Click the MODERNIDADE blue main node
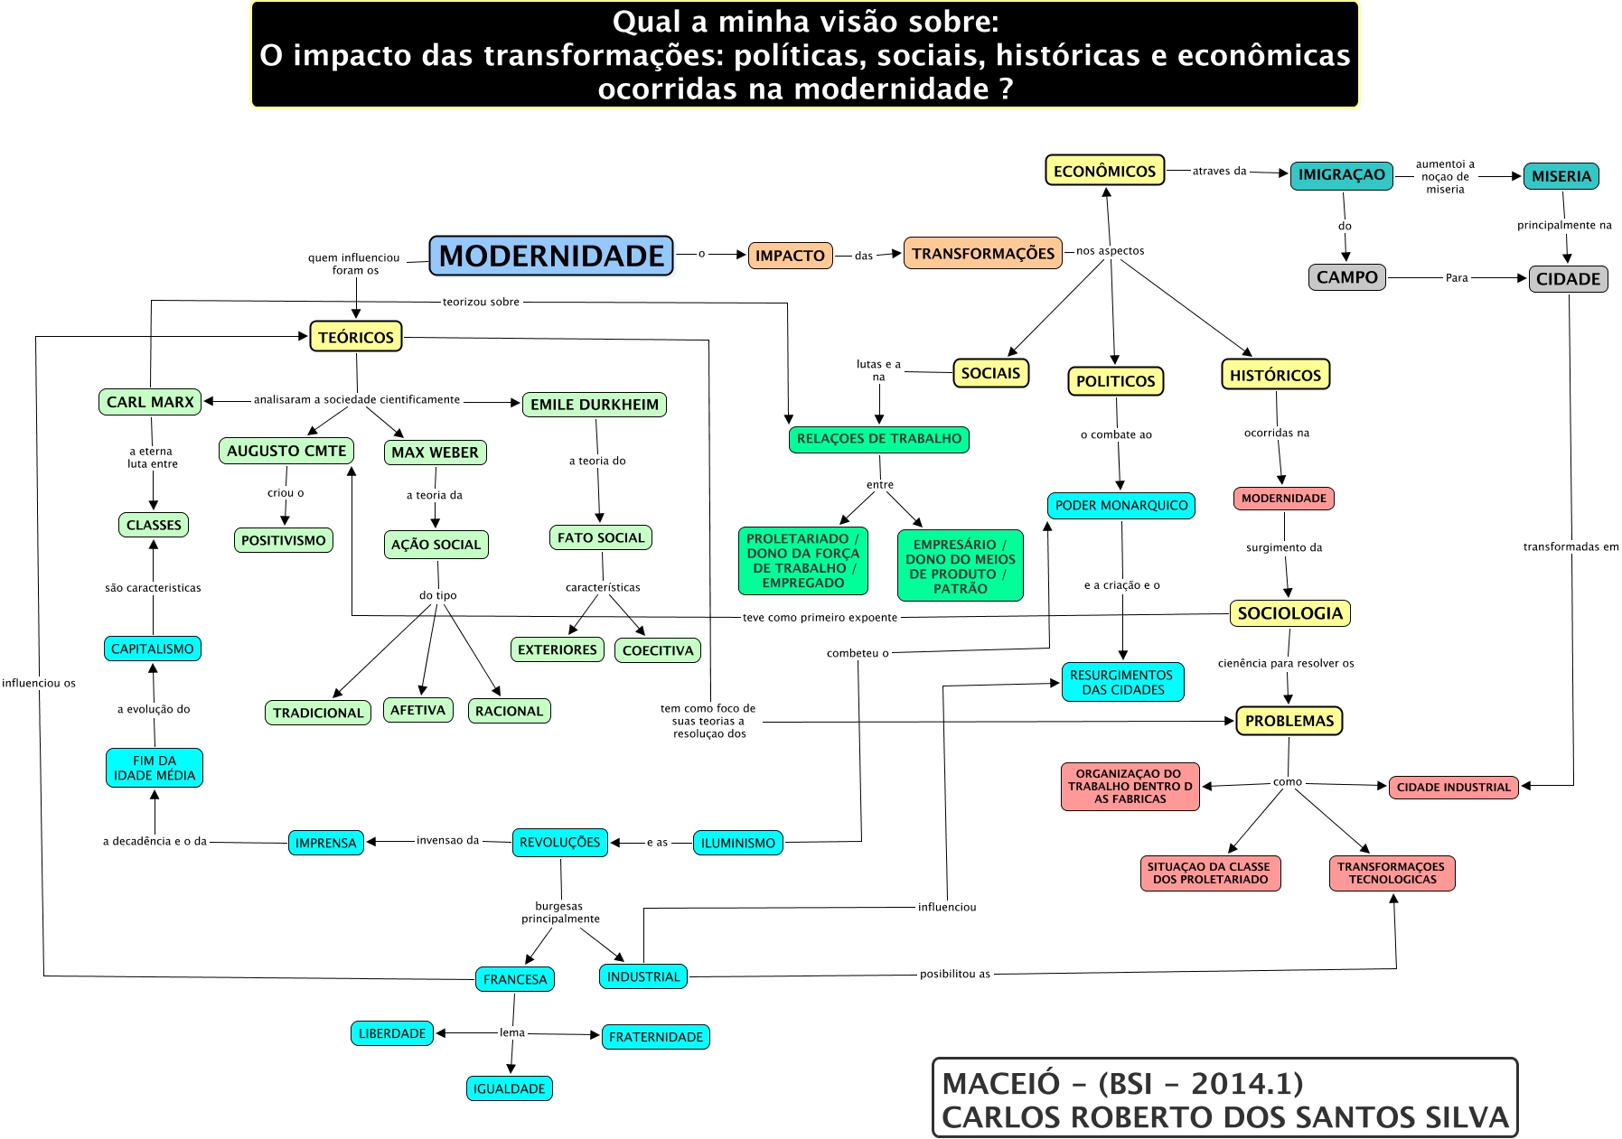[x=551, y=256]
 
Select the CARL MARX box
[x=150, y=402]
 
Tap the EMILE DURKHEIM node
[x=594, y=405]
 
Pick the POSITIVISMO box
[x=283, y=540]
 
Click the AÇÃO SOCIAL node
[x=436, y=545]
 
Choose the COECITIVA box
[x=658, y=650]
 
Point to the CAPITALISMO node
[x=152, y=649]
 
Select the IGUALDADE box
[x=509, y=1088]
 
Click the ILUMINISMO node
[x=737, y=843]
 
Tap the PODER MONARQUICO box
[x=1121, y=506]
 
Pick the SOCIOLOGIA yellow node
[x=1289, y=613]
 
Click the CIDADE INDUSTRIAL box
[x=1453, y=787]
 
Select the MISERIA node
[x=1561, y=176]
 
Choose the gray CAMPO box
[x=1346, y=277]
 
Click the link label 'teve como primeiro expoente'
[x=820, y=618]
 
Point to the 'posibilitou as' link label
[x=954, y=974]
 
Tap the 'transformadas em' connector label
[x=1570, y=546]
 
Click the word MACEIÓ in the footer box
[x=988, y=1084]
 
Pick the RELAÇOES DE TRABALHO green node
[x=878, y=439]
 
